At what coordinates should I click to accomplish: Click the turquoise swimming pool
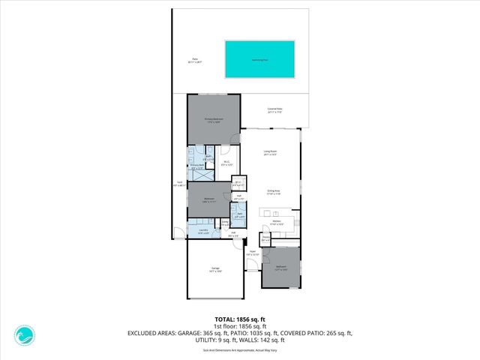[260, 58]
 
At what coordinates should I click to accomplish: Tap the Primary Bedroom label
[214, 120]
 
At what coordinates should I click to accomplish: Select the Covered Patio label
[275, 109]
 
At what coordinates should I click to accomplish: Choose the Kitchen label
[276, 223]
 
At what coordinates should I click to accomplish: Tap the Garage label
[215, 268]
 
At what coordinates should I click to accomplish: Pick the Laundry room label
[203, 232]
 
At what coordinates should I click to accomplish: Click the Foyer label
[253, 253]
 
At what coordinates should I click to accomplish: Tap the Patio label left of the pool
[195, 60]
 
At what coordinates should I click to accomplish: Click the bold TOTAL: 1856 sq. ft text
[239, 319]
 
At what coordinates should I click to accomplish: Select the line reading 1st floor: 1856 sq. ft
[239, 325]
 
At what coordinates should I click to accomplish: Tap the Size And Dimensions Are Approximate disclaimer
[239, 349]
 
